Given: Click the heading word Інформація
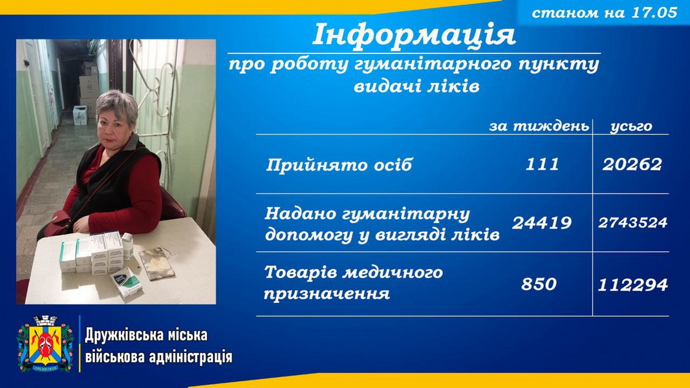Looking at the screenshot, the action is (414, 35).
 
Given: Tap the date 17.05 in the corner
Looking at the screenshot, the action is (654, 12).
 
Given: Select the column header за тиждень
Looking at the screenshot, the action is (539, 126).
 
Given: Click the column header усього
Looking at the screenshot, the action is (631, 127).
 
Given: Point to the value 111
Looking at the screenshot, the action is (542, 164).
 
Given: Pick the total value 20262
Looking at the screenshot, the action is (632, 164).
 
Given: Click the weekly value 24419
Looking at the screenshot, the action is (542, 223).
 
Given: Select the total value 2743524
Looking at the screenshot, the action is (632, 222).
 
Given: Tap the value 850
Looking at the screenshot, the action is (539, 284).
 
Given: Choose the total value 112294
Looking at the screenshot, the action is (632, 285).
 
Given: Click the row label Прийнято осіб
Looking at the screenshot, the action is (339, 166).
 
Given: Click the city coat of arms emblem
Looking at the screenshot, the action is (45, 344).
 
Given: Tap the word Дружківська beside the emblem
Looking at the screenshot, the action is (120, 335).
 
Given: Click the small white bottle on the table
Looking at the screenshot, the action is (127, 246).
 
